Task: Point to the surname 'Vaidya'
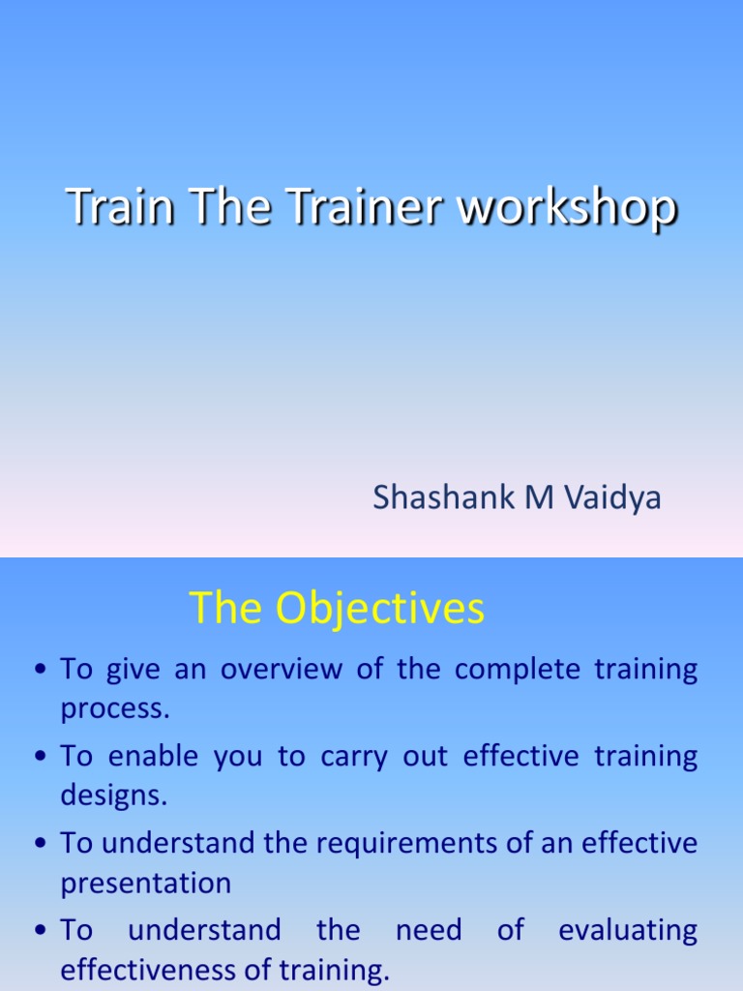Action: coord(611,497)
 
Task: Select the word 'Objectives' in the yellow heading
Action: coord(379,609)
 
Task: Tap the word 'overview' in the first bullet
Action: coord(281,670)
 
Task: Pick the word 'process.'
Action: coord(115,708)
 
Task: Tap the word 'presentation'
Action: coord(146,883)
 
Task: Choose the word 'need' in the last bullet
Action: coord(428,930)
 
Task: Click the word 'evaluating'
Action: coord(628,930)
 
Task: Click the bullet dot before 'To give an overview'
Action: coord(41,671)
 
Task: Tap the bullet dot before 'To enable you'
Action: coord(41,758)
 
